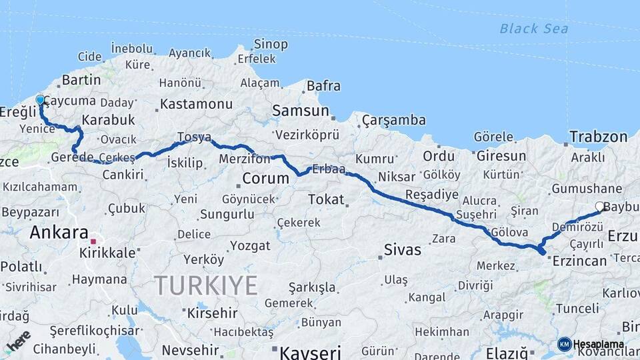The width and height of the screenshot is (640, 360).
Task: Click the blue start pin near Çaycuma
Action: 40,101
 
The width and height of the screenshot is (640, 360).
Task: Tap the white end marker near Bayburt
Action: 599,207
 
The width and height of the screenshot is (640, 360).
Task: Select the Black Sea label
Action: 533,29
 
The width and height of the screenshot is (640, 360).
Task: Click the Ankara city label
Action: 59,233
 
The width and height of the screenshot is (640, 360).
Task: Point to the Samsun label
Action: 301,111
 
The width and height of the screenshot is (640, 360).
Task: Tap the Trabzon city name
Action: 598,137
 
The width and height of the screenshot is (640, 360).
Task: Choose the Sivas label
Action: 403,250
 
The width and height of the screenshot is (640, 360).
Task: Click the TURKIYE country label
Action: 206,285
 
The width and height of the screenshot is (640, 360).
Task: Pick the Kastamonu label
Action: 196,104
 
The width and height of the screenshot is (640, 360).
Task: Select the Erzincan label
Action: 579,260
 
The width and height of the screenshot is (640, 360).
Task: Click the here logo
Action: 18,341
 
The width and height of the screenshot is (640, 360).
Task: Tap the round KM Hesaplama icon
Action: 565,344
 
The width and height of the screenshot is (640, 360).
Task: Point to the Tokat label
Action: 326,199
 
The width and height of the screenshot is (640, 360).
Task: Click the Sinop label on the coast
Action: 271,45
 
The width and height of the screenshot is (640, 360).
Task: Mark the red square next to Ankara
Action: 94,241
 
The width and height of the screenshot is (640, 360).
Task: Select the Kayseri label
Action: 310,351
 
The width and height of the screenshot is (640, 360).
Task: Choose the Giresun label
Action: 501,156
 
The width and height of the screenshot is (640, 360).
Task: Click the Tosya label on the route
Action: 194,137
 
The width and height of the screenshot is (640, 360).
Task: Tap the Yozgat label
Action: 250,245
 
